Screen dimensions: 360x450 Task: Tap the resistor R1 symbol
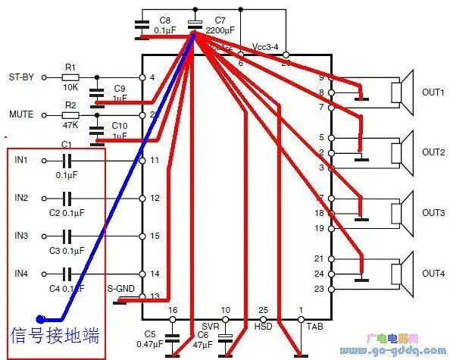(70, 77)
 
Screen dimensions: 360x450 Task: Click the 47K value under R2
(70, 124)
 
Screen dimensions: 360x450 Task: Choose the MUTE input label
(20, 114)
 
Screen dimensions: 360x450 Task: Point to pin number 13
(154, 296)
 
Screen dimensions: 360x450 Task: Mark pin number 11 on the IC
(154, 161)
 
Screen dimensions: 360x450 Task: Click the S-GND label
(120, 288)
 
